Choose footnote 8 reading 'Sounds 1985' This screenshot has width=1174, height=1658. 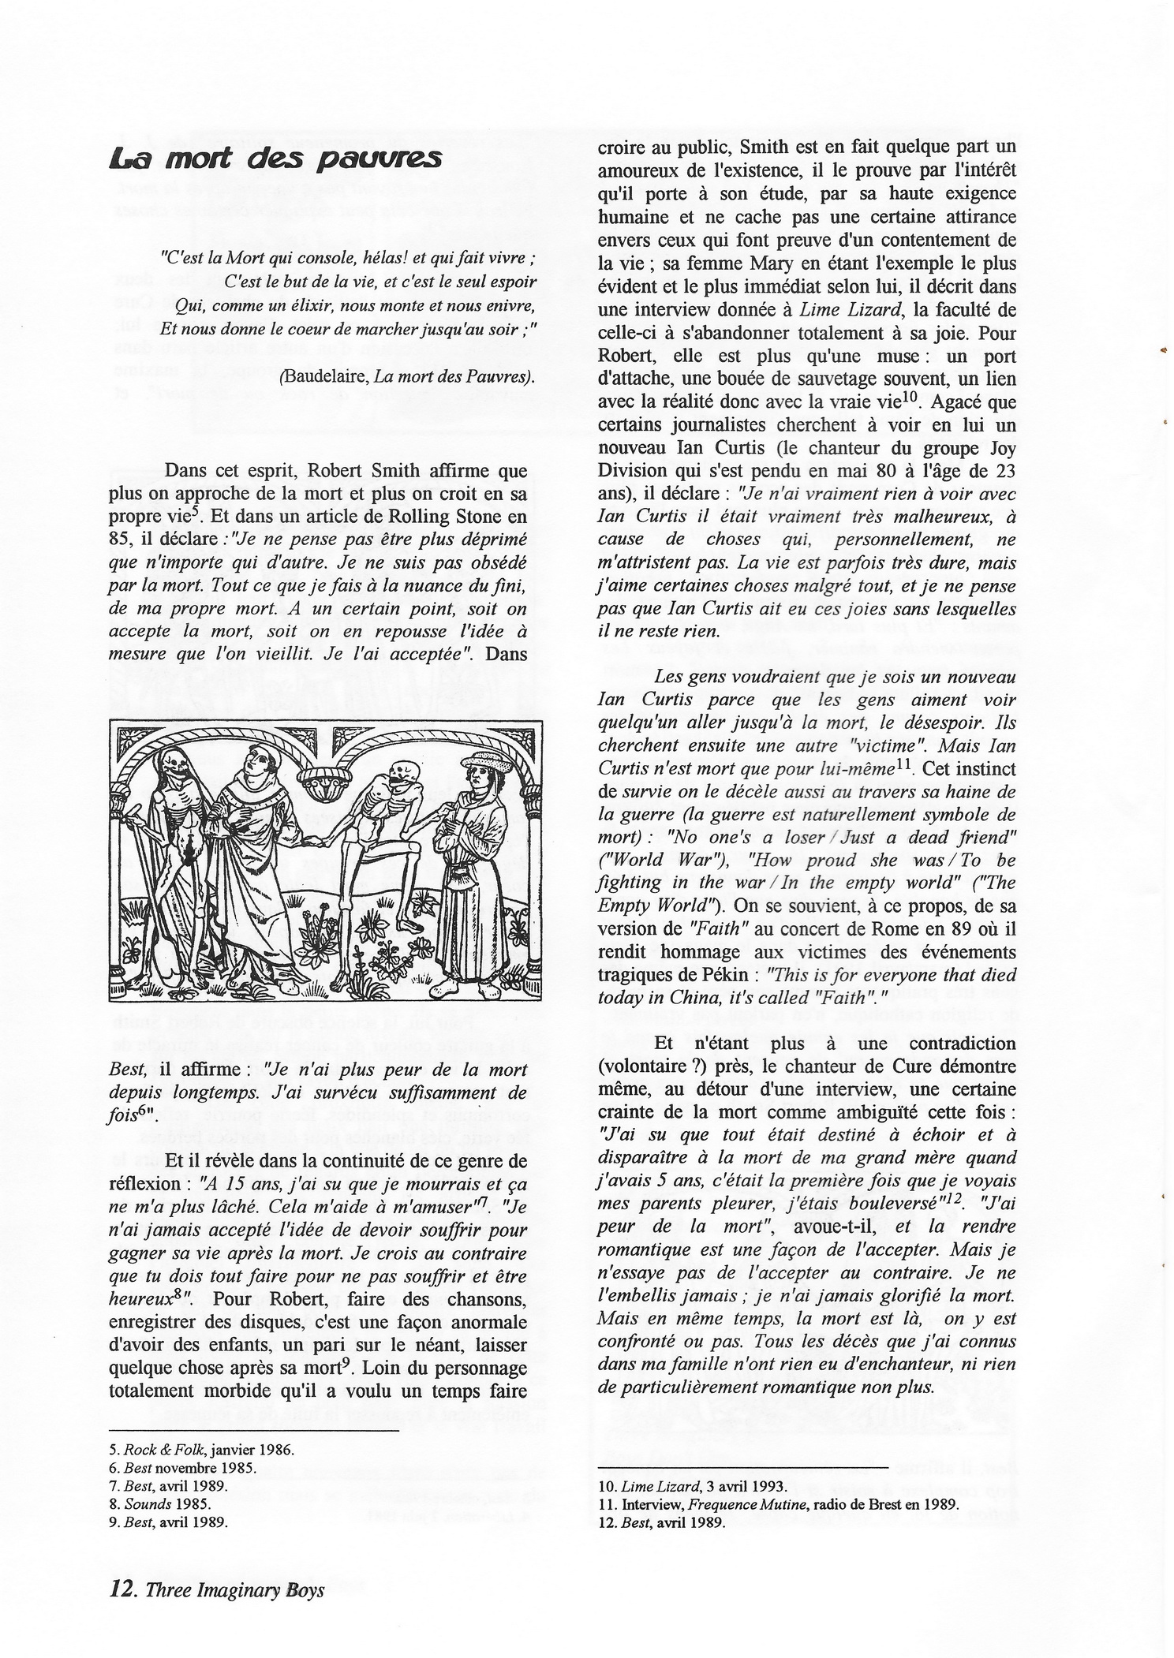(x=155, y=1503)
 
